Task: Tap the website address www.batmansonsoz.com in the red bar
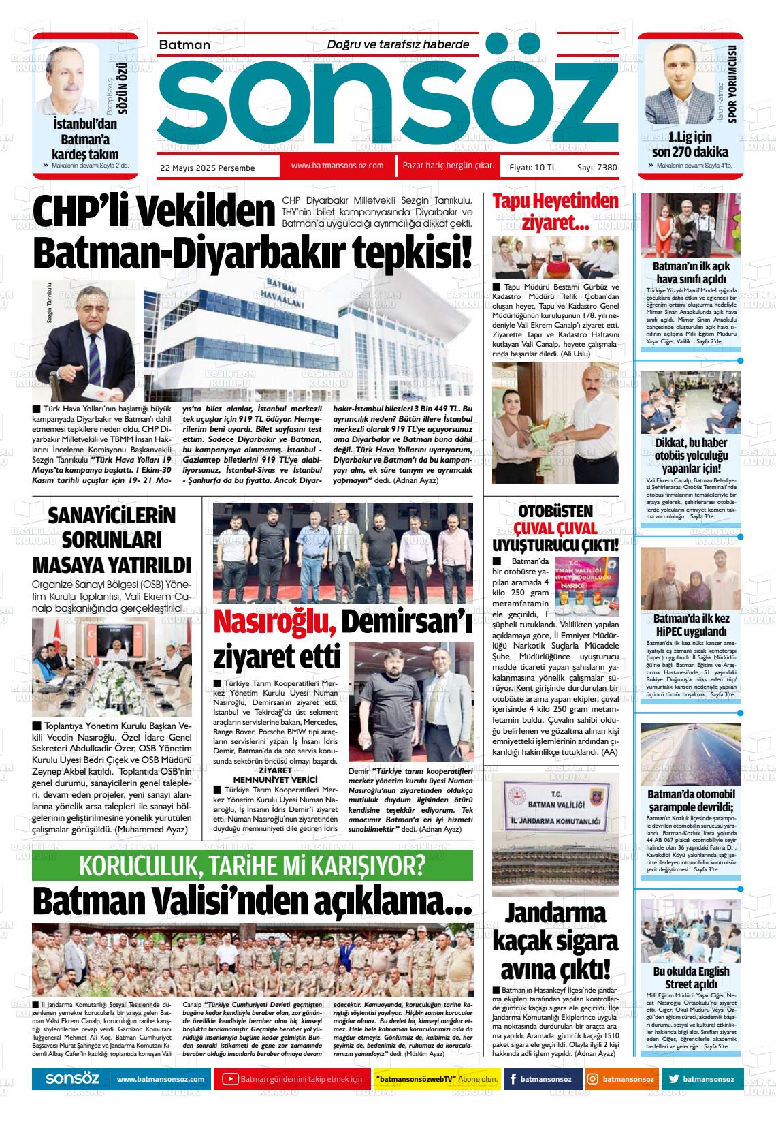[x=337, y=166]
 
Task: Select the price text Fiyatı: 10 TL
[x=532, y=167]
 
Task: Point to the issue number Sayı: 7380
[x=597, y=167]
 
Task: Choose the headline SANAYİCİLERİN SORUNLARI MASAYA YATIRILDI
[x=112, y=540]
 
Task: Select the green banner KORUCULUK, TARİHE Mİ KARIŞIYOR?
[x=252, y=865]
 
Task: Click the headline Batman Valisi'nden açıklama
[x=252, y=901]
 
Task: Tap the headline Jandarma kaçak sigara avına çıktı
[x=555, y=940]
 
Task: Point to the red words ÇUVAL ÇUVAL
[x=555, y=528]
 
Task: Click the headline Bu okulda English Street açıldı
[x=691, y=978]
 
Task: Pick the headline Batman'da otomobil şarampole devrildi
[x=691, y=800]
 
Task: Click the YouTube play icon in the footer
[x=230, y=1079]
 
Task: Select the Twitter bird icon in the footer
[x=674, y=1079]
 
